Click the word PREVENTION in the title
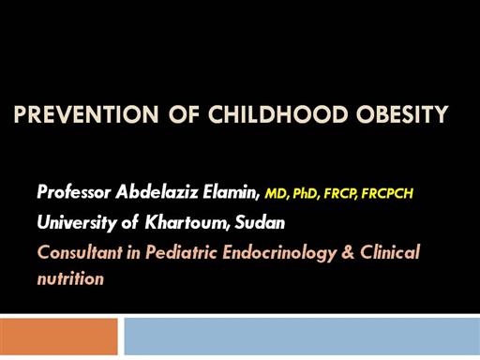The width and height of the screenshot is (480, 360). coord(86,114)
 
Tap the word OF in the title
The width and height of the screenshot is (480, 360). coord(184,114)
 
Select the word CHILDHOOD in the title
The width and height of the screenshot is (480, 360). coord(278,114)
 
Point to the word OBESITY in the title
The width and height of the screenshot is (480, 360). coord(402,114)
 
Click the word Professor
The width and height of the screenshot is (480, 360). coord(74,191)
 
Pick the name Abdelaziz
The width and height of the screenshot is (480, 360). coord(157,191)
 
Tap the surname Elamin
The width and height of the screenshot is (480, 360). coord(232,191)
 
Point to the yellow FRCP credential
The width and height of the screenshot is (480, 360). coord(340,194)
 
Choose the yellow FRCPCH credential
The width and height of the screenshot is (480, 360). coord(387,194)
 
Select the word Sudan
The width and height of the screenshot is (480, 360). coord(260,223)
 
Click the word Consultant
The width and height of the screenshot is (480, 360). coord(80,252)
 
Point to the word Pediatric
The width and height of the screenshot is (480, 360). coord(181,252)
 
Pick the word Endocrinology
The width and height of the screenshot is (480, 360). coord(279,253)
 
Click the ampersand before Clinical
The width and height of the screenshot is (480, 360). coord(348,252)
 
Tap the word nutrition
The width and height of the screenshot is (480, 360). coord(70,278)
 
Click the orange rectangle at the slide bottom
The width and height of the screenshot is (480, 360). coord(59,337)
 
